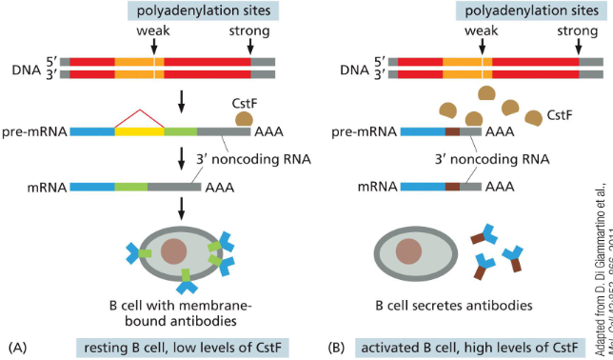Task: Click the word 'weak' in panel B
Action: (x=481, y=30)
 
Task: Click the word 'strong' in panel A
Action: (x=248, y=30)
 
